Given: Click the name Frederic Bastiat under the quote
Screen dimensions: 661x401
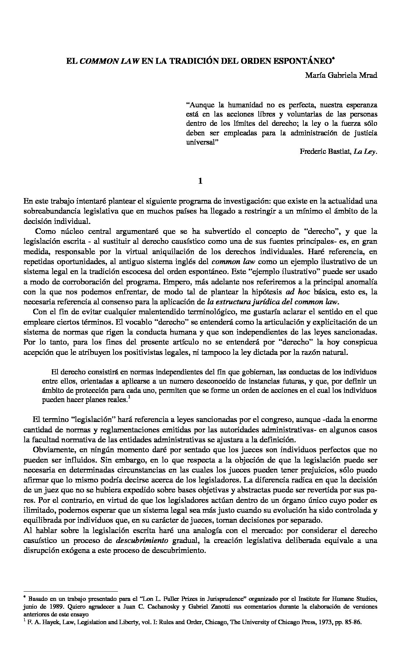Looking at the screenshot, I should [325, 152].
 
